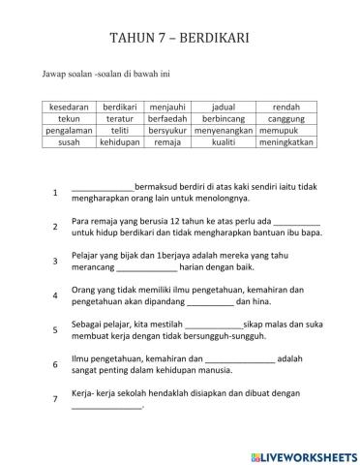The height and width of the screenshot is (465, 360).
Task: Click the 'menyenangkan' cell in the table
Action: pos(224,130)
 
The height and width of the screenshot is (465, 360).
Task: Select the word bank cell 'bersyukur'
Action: pos(168,130)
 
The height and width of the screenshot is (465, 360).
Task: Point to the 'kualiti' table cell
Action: pos(224,141)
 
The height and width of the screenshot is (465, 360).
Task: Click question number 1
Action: pos(55,193)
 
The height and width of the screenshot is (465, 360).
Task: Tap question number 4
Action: pos(55,294)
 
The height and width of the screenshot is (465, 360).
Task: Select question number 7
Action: pos(55,398)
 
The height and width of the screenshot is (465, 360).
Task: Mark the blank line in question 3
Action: pos(147,266)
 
